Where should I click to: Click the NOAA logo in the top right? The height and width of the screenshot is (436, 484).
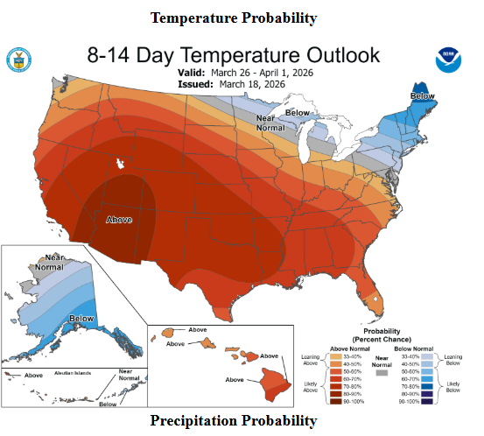click(x=447, y=60)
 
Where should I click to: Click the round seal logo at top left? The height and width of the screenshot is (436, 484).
click(x=18, y=60)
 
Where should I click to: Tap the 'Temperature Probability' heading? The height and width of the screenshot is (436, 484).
click(x=233, y=18)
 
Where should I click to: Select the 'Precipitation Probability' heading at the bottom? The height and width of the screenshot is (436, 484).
click(x=233, y=421)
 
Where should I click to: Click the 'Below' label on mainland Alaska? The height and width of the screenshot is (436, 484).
click(x=81, y=319)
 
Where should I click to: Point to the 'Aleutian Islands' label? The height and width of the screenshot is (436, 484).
click(x=73, y=374)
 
